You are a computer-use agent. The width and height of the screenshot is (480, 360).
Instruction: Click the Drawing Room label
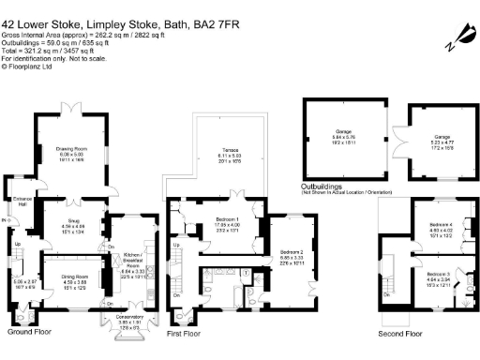coord(74,148)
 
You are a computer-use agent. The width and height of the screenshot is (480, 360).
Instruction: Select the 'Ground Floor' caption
coord(30,331)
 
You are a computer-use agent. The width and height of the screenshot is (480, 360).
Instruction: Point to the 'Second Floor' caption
coord(399,332)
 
